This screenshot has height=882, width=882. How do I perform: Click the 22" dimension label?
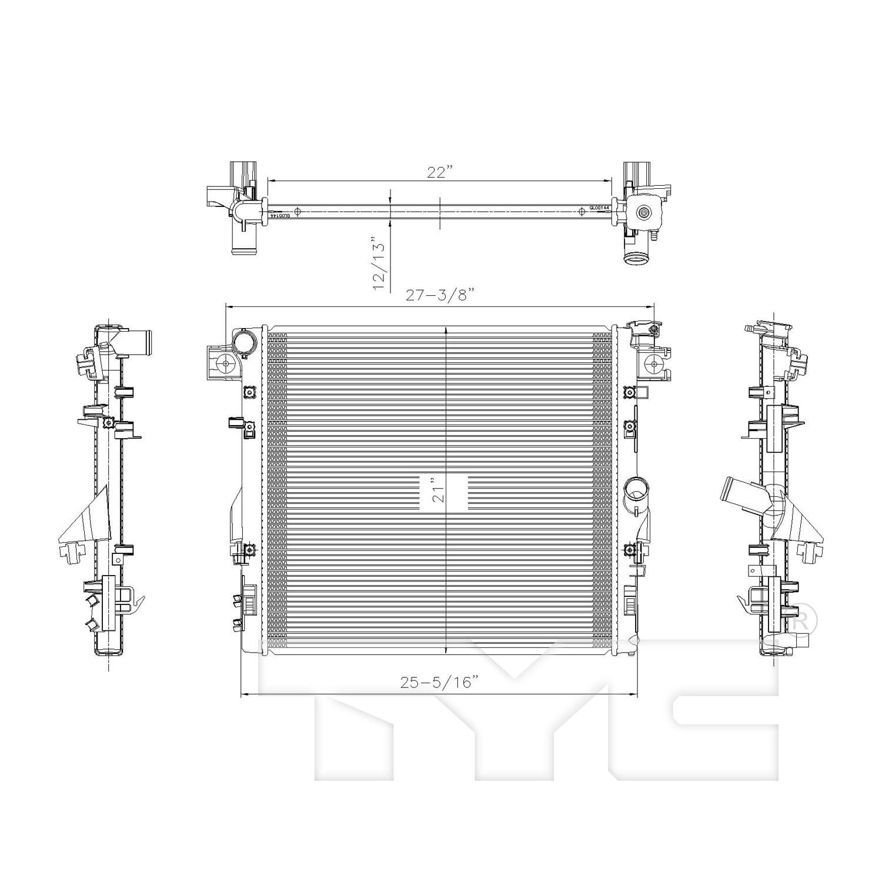click(440, 172)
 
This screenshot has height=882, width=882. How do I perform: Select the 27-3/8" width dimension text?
click(440, 296)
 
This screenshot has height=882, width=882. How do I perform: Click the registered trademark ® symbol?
click(801, 619)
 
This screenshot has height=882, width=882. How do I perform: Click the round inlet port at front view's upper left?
click(244, 342)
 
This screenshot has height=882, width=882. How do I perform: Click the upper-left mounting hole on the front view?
click(226, 365)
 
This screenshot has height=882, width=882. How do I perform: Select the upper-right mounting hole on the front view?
click(654, 365)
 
